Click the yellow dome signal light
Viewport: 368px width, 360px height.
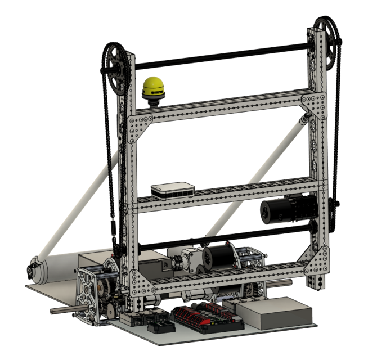154,87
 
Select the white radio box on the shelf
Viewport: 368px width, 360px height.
172,190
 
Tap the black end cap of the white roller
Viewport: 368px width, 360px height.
32,269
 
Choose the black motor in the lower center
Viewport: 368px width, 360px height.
218,256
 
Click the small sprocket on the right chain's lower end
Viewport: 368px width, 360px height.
338,202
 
